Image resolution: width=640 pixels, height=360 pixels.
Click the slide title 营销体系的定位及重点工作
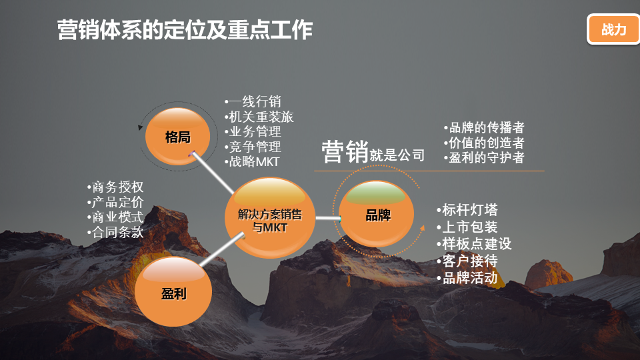185,30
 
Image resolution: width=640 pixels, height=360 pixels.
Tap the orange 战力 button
613,29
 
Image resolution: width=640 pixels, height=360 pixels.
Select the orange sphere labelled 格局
177,136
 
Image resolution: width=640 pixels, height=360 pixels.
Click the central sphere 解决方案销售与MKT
270,217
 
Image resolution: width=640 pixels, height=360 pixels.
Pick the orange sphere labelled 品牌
376,214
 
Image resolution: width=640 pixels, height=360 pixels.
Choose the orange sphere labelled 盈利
173,291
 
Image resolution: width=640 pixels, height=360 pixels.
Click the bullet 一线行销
253,101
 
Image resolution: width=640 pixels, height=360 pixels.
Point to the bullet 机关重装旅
259,117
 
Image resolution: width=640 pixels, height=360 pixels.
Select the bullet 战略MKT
252,161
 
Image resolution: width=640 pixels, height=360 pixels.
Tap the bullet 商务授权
115,187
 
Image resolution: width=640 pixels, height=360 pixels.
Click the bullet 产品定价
115,202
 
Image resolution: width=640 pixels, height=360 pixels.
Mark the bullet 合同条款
115,232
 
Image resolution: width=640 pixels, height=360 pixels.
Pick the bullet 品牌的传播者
484,128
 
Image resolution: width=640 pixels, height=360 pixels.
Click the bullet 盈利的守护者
484,157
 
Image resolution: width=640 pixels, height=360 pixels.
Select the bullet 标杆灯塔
467,210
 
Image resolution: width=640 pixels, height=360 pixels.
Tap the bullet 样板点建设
474,244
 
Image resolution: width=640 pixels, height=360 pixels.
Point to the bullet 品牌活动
467,278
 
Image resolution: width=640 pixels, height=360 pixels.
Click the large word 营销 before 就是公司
345,151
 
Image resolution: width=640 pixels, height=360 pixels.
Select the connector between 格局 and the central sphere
213,173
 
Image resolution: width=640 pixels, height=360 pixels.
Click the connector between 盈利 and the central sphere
223,249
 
